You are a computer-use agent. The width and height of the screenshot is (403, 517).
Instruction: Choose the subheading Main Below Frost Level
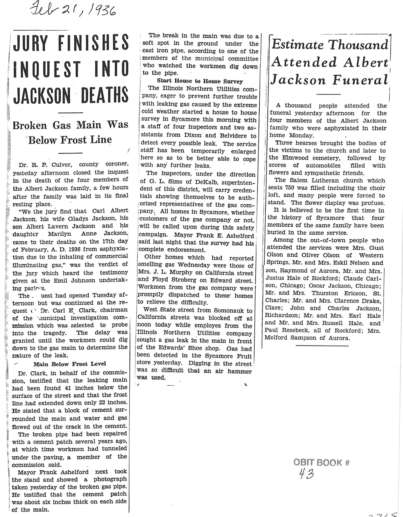coord(70,364)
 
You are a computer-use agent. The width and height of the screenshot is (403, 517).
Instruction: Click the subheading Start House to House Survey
coord(200,81)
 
